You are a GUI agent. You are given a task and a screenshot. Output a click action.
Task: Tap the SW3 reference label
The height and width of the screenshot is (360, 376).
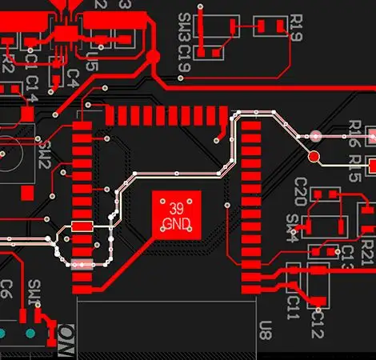point(185,24)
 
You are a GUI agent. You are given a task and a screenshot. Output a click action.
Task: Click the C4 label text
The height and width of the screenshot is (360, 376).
point(72,78)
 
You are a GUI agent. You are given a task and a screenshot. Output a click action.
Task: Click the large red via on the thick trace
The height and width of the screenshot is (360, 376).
point(152,56)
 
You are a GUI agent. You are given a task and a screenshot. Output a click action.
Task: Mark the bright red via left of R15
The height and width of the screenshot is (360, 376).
point(314,156)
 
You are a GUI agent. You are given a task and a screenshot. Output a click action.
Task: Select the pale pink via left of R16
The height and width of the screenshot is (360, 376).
point(315,137)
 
